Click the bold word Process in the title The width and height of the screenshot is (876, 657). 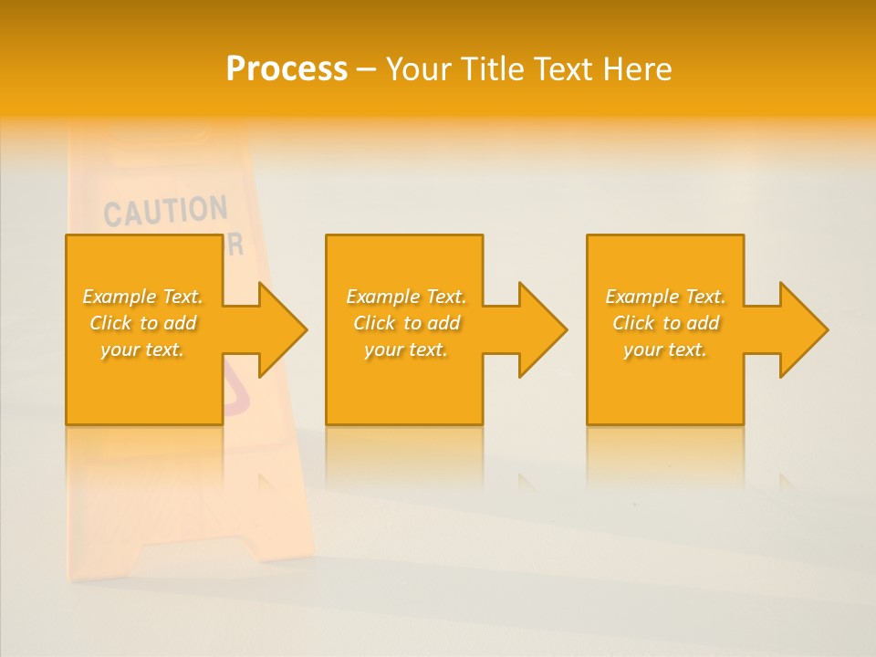click(287, 69)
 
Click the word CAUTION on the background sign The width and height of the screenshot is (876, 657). click(165, 211)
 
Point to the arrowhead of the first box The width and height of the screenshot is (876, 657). click(278, 329)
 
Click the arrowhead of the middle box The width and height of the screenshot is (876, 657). click(538, 329)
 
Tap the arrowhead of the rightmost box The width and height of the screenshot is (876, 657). click(799, 329)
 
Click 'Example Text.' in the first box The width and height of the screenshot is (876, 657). click(143, 297)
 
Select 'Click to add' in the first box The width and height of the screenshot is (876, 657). click(143, 323)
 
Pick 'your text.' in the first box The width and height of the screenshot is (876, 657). click(143, 349)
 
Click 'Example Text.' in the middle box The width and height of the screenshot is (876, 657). click(406, 297)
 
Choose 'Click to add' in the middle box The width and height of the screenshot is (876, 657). click(406, 323)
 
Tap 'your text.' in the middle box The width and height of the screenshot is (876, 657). click(406, 349)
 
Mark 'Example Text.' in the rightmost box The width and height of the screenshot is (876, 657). click(665, 297)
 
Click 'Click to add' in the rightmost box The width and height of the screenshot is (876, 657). click(665, 323)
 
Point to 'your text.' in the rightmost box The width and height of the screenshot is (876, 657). click(665, 349)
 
